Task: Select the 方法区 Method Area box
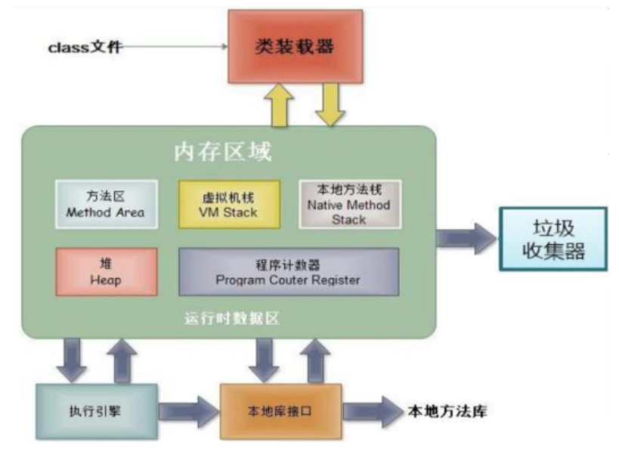[x=107, y=204]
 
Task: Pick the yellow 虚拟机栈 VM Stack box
[x=229, y=204]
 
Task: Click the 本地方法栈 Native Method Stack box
[x=348, y=203]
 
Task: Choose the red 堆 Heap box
[x=107, y=271]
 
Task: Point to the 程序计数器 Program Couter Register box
[x=288, y=271]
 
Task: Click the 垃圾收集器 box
[x=552, y=239]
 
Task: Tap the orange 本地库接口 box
[x=280, y=411]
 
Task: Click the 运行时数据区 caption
[x=232, y=318]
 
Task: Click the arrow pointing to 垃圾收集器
[x=466, y=240]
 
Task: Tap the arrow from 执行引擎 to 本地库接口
[x=188, y=413]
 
